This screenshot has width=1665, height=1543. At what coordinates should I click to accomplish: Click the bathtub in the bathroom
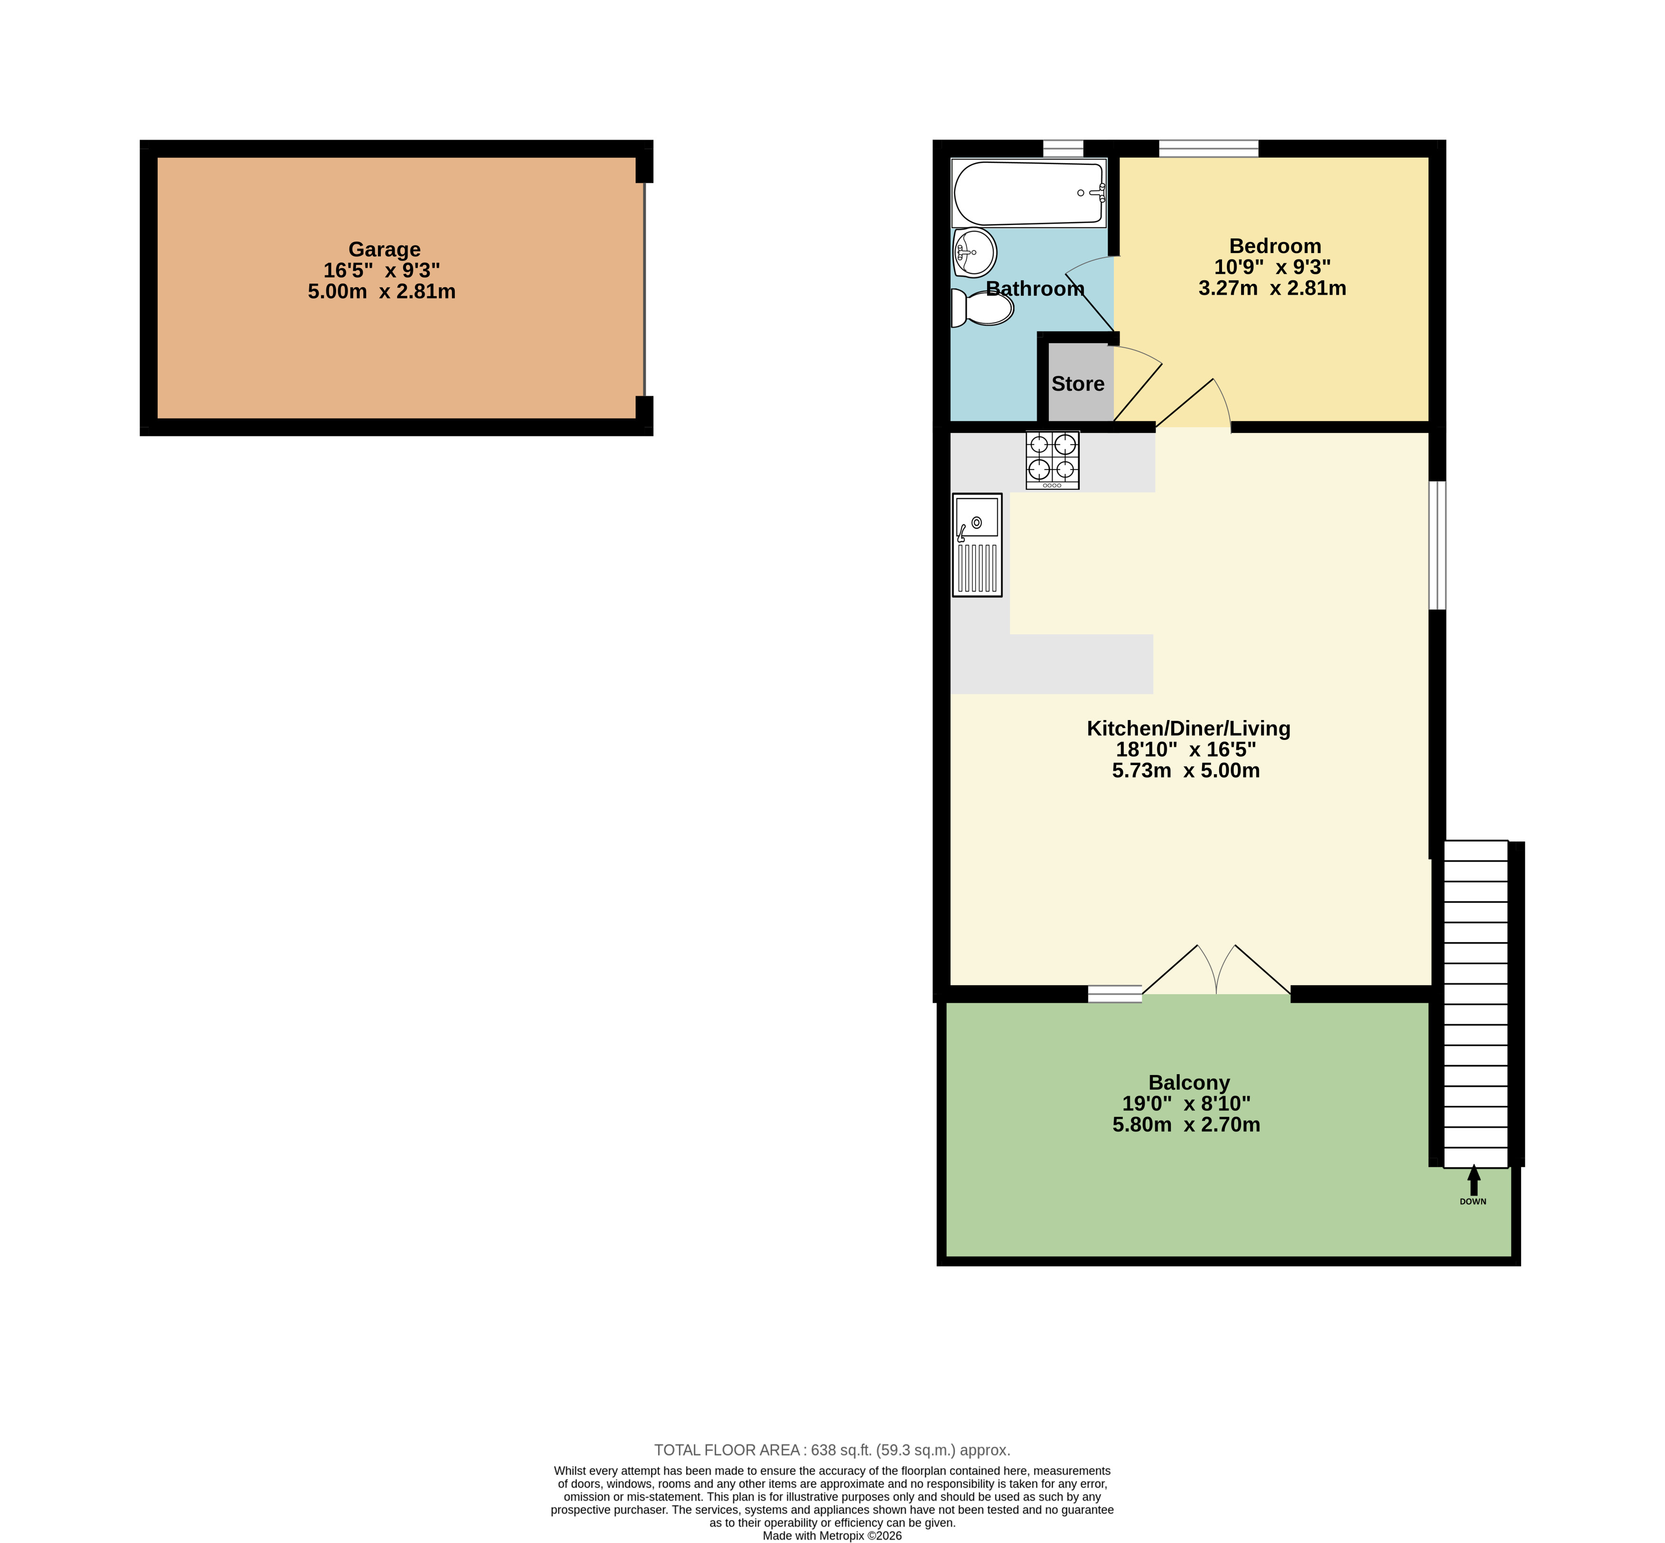pyautogui.click(x=1029, y=193)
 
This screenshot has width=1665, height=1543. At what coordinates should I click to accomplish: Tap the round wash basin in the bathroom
pyautogui.click(x=974, y=252)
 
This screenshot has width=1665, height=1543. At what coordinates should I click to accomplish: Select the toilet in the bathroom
pyautogui.click(x=982, y=308)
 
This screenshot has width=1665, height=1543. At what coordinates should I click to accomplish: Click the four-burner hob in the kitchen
pyautogui.click(x=1052, y=460)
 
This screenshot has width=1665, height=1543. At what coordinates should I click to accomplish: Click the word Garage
pyautogui.click(x=384, y=250)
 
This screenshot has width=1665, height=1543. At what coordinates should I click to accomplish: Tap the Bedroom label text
pyautogui.click(x=1275, y=246)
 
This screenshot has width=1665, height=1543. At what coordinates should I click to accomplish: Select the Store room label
pyautogui.click(x=1077, y=384)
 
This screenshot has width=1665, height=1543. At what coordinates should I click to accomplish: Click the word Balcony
pyautogui.click(x=1189, y=1083)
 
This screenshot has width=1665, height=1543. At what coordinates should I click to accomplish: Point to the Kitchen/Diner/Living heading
pyautogui.click(x=1188, y=728)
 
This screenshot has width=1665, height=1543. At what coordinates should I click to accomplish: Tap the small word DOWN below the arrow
pyautogui.click(x=1473, y=1201)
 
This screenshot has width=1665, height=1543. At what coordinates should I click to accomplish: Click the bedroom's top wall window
pyautogui.click(x=1208, y=149)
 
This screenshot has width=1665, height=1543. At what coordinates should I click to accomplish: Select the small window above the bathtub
pyautogui.click(x=1063, y=149)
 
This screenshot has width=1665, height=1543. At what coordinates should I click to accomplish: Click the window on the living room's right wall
pyautogui.click(x=1437, y=545)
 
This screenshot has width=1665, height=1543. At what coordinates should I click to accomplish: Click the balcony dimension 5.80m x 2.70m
pyautogui.click(x=1185, y=1125)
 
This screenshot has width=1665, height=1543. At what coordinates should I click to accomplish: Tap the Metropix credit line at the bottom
pyautogui.click(x=832, y=1535)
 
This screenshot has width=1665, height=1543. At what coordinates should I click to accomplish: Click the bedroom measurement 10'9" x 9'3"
pyautogui.click(x=1272, y=267)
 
